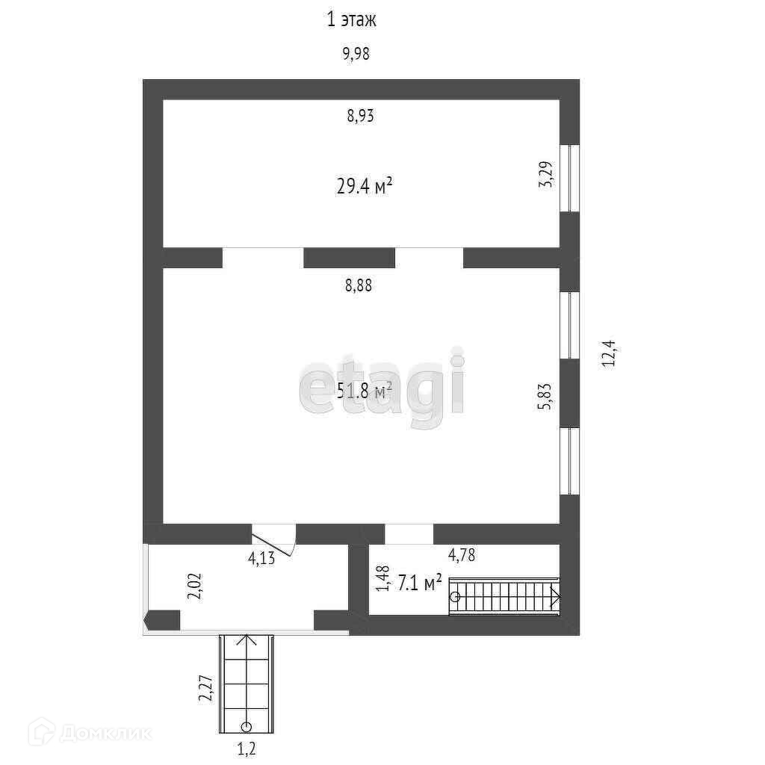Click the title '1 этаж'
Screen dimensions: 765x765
coord(351,19)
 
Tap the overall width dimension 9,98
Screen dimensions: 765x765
coord(356,54)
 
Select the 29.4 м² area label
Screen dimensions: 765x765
coord(364,186)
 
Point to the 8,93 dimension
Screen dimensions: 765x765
coord(360,116)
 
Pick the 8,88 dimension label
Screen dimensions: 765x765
coord(359,285)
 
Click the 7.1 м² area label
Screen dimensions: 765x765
coord(419,583)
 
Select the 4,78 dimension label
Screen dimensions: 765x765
coord(461,555)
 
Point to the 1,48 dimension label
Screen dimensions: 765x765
coord(382,579)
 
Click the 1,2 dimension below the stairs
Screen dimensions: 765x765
coord(247,748)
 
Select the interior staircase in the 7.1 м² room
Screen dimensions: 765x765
coord(504,596)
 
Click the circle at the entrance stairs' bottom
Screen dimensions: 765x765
coord(246,726)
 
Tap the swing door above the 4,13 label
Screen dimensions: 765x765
coord(274,539)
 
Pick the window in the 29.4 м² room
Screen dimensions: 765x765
coord(570,177)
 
